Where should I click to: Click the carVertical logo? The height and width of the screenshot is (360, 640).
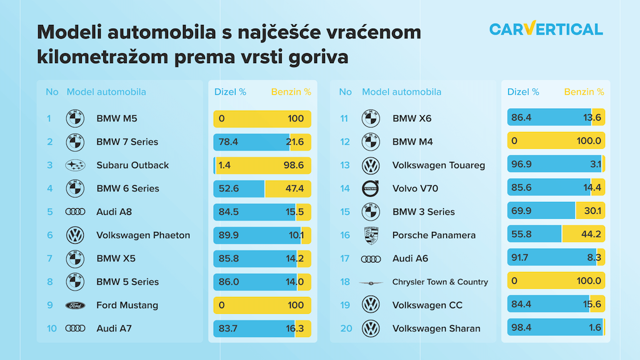tap(546, 29)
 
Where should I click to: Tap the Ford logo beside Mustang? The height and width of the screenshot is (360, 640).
tap(75, 306)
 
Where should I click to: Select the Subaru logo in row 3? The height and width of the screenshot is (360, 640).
tap(75, 166)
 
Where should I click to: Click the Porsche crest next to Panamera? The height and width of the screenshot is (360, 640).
tap(371, 236)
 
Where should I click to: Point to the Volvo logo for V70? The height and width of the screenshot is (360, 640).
tap(371, 189)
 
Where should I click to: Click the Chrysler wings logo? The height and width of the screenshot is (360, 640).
tap(371, 282)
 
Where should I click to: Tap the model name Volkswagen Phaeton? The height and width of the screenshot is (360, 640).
tap(143, 236)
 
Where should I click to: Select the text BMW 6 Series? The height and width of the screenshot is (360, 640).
tap(127, 189)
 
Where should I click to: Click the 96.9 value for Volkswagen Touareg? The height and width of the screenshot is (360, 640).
tap(522, 166)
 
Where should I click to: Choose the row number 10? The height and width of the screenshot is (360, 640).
tap(52, 329)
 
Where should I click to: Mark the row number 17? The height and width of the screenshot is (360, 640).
tap(345, 259)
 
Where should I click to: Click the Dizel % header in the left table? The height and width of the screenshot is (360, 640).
tap(230, 92)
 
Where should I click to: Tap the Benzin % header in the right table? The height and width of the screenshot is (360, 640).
tap(584, 92)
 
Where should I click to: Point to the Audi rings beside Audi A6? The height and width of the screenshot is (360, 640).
tap(371, 259)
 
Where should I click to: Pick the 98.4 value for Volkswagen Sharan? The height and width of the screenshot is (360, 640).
tap(522, 329)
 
